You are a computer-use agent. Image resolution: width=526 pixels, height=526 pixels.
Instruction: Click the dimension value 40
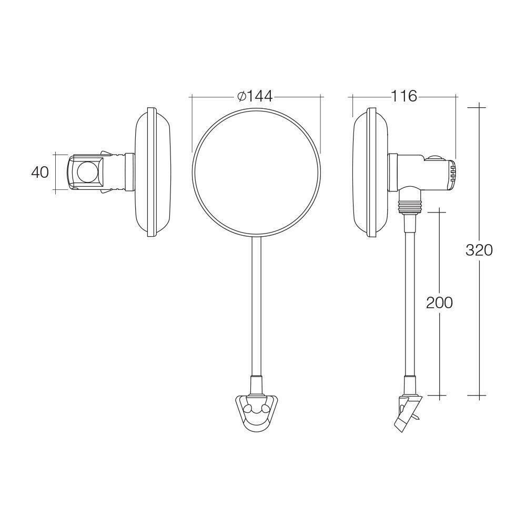40,173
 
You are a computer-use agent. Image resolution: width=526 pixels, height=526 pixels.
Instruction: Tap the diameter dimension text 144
259,96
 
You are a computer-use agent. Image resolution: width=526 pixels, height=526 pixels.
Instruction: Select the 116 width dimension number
403,96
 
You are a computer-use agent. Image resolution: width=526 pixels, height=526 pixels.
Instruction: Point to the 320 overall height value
479,250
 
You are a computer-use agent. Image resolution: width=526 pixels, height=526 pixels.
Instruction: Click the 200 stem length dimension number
439,302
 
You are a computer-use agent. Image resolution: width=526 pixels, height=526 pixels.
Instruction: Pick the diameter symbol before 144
241,96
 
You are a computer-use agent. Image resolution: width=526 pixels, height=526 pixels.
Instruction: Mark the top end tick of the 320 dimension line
478,107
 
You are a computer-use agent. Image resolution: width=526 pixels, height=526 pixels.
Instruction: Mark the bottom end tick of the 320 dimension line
478,395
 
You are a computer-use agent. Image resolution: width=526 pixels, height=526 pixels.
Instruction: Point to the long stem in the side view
409,300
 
